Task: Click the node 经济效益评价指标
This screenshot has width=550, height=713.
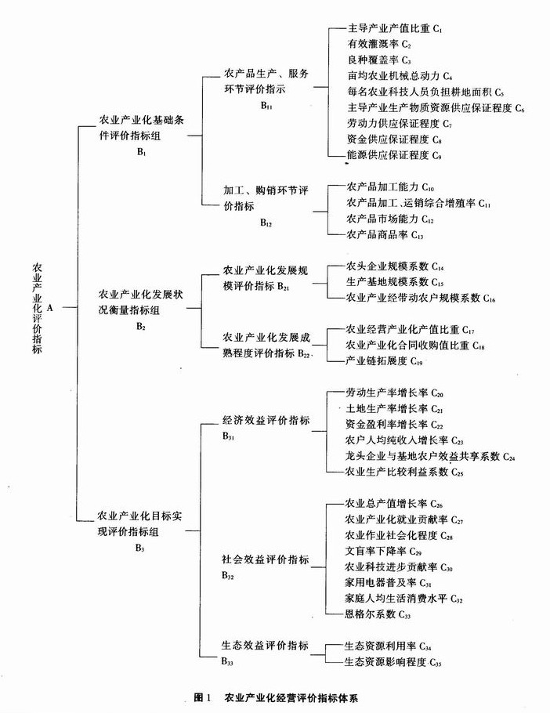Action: (265, 421)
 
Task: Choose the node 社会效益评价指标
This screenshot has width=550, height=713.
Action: (265, 560)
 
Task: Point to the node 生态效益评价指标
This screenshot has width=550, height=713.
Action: (265, 646)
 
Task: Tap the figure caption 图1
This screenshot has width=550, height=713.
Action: (202, 696)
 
